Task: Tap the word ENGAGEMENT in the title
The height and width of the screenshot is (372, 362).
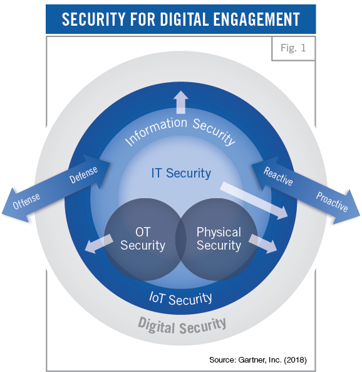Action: pyautogui.click(x=257, y=19)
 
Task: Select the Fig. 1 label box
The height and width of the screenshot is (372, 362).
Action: pyautogui.click(x=293, y=48)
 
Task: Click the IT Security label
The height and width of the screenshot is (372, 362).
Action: pyautogui.click(x=181, y=173)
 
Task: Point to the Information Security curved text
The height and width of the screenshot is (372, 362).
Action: pyautogui.click(x=180, y=131)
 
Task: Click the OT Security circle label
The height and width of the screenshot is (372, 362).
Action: pyautogui.click(x=143, y=238)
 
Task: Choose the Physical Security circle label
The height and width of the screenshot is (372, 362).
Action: pyautogui.click(x=219, y=238)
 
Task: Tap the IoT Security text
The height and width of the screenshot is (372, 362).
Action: pyautogui.click(x=180, y=299)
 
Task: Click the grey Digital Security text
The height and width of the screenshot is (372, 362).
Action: pyautogui.click(x=182, y=326)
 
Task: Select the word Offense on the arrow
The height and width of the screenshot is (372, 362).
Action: pyautogui.click(x=26, y=201)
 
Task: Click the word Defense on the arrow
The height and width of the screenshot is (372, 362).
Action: pyautogui.click(x=83, y=175)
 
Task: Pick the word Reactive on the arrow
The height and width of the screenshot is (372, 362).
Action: pyautogui.click(x=278, y=176)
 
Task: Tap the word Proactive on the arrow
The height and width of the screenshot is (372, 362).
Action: pyautogui.click(x=332, y=201)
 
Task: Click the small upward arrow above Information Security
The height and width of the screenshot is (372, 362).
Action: pyautogui.click(x=181, y=102)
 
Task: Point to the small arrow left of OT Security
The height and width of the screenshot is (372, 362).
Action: pyautogui.click(x=99, y=243)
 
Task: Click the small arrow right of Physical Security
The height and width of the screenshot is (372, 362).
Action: pyautogui.click(x=263, y=243)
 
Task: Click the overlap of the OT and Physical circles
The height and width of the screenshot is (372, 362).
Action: pyautogui.click(x=181, y=240)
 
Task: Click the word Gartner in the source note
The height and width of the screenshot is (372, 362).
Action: pyautogui.click(x=252, y=360)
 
